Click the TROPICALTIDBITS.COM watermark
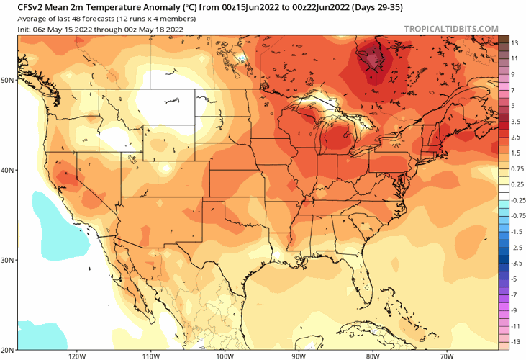451,29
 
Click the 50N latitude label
8,80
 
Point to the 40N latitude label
8,170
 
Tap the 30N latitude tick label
8,260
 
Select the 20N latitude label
8,350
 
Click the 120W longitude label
77,356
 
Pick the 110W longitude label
150,356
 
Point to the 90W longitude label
299,356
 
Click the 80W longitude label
372,356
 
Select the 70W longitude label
446,356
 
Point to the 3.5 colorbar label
515,122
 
